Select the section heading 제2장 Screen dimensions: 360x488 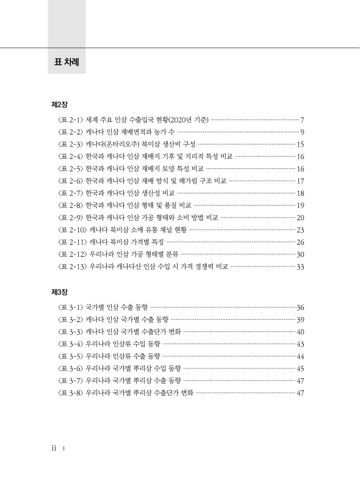pos(59,104)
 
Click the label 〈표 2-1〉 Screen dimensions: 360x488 pos(70,120)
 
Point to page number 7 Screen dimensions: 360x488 pos(303,120)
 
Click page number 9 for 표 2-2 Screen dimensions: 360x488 pos(303,132)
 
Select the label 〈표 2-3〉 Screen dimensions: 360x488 pos(70,144)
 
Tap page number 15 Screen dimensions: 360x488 pos(300,144)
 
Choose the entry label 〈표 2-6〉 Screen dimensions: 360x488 pos(70,181)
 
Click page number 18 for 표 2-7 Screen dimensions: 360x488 pos(300,193)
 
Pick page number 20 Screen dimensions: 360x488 pos(300,218)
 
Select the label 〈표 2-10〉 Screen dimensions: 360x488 pos(71,230)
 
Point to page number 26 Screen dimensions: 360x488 pos(300,242)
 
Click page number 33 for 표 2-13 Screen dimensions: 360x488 pos(300,267)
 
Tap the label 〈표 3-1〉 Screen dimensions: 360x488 pos(70,307)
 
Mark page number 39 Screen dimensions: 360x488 pos(300,320)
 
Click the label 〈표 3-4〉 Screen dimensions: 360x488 pos(70,344)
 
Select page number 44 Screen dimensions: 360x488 pos(300,356)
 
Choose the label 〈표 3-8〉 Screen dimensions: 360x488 pos(70,393)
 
